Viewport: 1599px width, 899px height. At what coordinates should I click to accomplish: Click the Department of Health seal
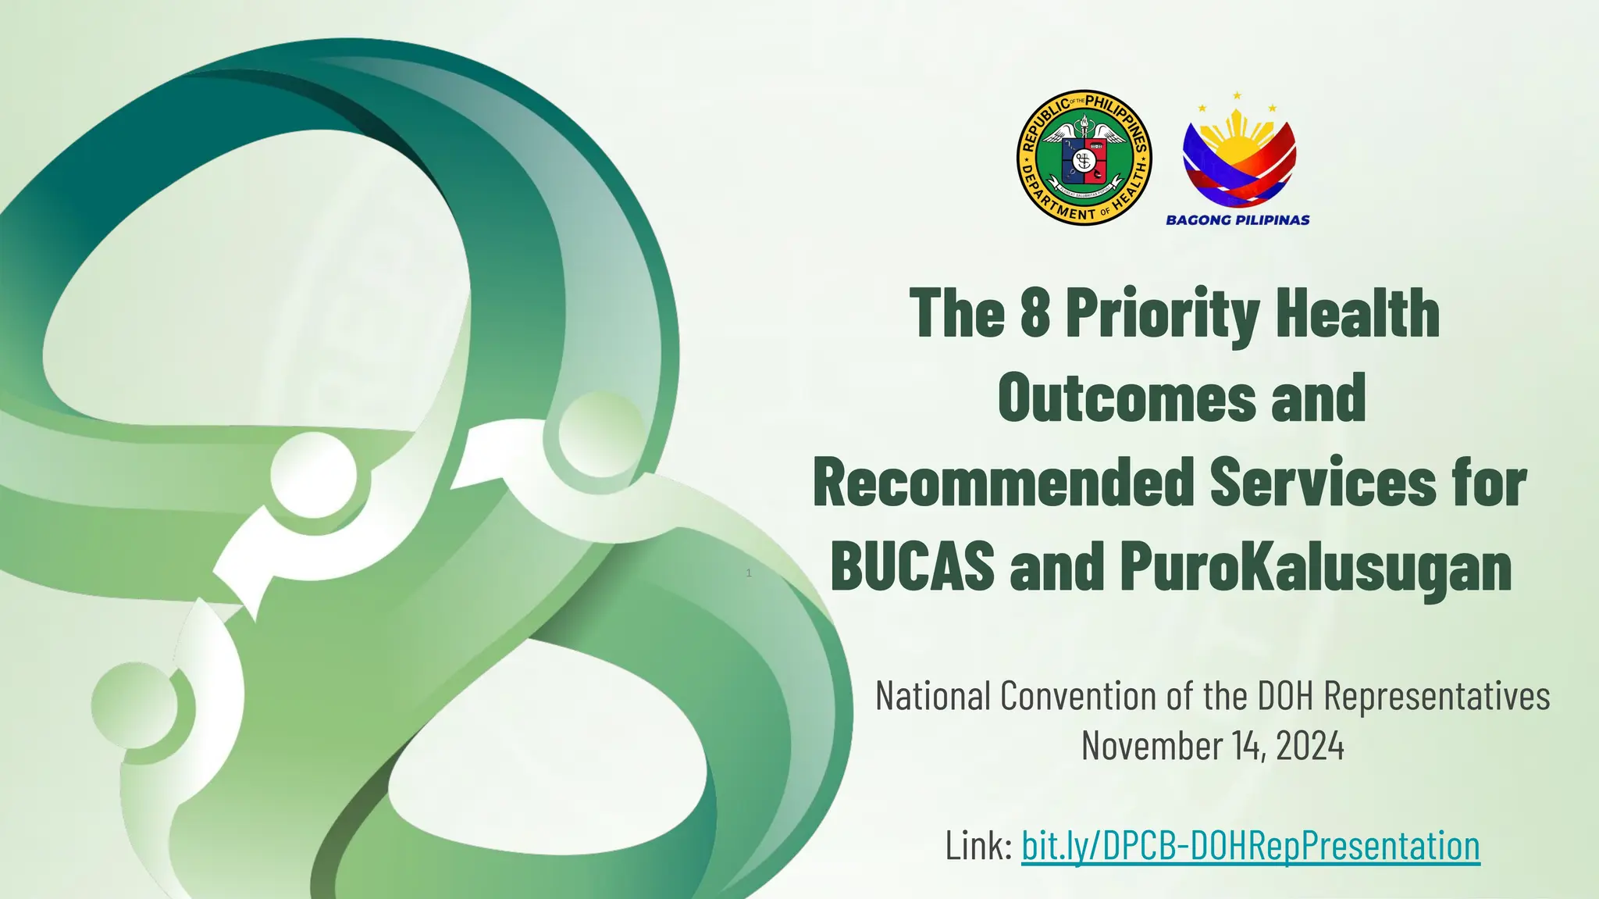tap(1084, 157)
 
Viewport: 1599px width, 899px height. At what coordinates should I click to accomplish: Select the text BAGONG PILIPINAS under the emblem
tap(1238, 220)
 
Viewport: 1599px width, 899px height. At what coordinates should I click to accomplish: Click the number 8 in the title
tap(1035, 313)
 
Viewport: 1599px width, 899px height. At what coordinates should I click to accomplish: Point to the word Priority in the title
tap(1163, 315)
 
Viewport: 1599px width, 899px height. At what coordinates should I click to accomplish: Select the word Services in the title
tap(1323, 483)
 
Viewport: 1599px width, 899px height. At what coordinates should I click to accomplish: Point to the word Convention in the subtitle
tap(1080, 695)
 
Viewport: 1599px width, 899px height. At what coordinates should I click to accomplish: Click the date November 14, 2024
tap(1213, 745)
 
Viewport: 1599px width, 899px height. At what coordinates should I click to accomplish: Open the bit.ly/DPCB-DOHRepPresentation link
tap(1250, 845)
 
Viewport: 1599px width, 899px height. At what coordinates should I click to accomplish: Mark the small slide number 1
tap(749, 573)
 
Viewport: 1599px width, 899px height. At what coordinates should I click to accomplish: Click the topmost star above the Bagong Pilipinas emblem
tap(1237, 96)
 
